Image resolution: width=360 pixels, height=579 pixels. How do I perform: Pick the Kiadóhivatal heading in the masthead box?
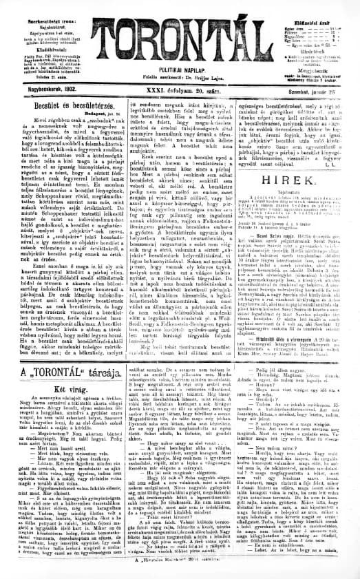[43, 32]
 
